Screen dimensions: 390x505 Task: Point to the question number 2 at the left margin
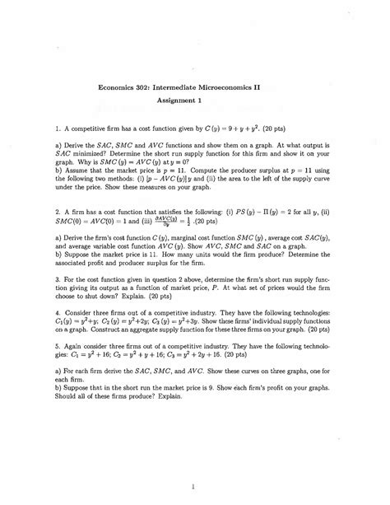click(97, 189)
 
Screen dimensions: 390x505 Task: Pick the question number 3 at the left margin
click(97, 279)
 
